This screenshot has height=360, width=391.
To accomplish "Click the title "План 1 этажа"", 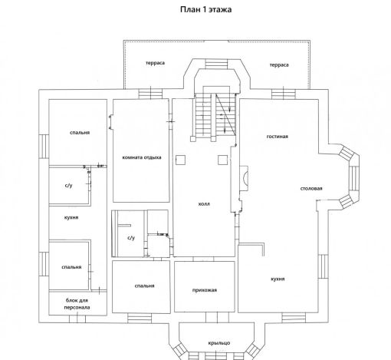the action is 206,9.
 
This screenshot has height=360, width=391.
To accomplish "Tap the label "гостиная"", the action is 278,137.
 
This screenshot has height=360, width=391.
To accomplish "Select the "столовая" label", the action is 311,189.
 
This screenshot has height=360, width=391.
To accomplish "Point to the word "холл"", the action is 204,204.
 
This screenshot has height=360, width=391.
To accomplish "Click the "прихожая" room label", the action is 205,290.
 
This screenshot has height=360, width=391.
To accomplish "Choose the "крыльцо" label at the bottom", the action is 219,343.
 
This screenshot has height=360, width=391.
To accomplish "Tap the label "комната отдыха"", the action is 142,157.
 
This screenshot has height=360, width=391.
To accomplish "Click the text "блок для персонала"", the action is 77,304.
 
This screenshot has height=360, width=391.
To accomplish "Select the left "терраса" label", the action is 155,63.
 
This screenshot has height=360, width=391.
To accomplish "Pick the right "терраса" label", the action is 279,65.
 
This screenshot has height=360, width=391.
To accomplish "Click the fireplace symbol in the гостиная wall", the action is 244,178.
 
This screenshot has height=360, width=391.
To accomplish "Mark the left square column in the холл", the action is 180,160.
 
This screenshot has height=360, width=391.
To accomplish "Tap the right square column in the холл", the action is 222,160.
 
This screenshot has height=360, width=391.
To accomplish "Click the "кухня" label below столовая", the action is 278,279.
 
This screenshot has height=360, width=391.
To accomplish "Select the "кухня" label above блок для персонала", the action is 71,218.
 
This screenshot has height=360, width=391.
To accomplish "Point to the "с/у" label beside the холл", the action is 131,238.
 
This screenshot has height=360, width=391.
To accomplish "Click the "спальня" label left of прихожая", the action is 145,286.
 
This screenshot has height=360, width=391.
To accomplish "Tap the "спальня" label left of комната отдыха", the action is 80,133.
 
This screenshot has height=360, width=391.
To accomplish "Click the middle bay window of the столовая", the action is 354,178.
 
